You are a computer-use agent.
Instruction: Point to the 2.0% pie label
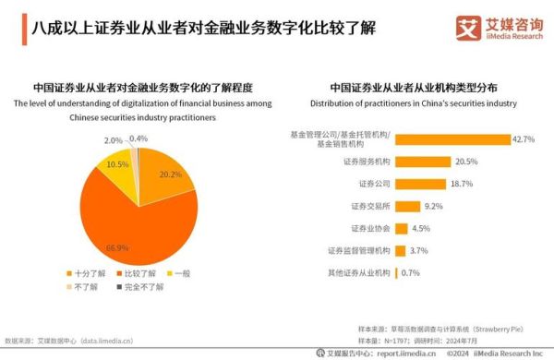(114, 140)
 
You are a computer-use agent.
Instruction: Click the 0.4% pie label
(139, 138)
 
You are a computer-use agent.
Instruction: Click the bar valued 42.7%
(452, 139)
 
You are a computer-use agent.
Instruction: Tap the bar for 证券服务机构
(423, 162)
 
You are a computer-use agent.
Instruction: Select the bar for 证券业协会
(401, 228)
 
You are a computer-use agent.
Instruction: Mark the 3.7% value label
(418, 250)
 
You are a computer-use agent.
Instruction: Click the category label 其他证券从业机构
(360, 272)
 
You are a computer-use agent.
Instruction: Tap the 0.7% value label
(410, 272)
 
